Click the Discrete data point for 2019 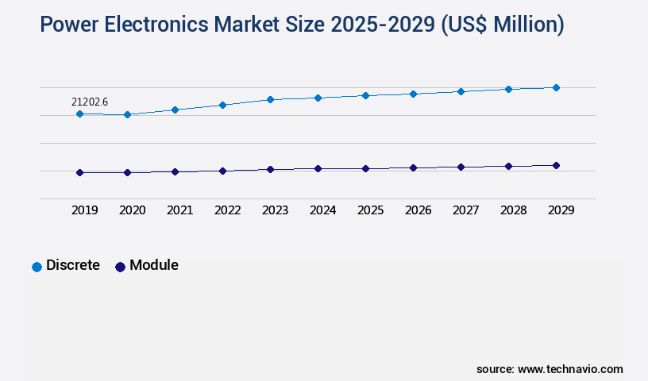(79, 114)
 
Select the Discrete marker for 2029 (556, 87)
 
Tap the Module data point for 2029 (556, 165)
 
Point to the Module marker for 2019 (79, 172)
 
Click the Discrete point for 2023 (270, 99)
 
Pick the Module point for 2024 (318, 168)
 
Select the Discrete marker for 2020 (127, 115)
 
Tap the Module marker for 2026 (413, 167)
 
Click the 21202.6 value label (89, 102)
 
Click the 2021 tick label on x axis (179, 210)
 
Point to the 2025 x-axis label (370, 210)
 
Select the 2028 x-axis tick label (513, 210)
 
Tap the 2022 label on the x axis (227, 210)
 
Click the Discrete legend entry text (73, 265)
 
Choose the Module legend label (154, 265)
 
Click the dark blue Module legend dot (120, 267)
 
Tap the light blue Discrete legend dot (37, 267)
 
